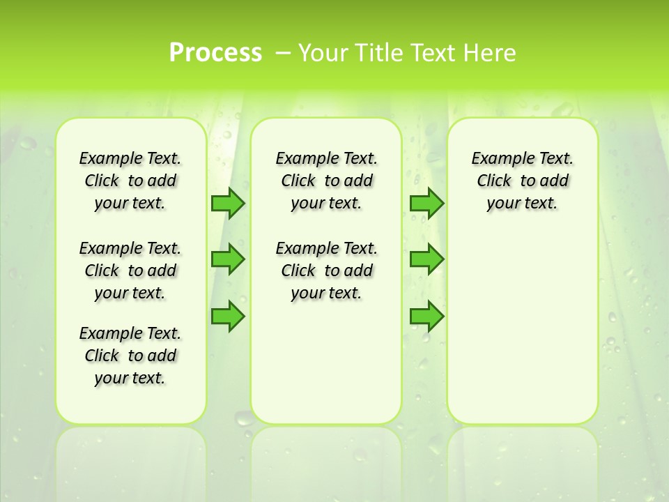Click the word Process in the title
click(215, 53)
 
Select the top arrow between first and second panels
click(228, 203)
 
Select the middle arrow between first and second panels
click(228, 259)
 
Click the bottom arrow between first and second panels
click(228, 317)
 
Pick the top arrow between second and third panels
click(426, 203)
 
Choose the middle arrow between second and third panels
click(426, 259)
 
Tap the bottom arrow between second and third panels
click(426, 317)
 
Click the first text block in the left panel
click(130, 181)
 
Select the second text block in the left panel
click(130, 271)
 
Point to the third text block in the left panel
click(130, 356)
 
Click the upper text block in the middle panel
click(327, 181)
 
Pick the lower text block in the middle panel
click(327, 271)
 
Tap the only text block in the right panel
click(523, 181)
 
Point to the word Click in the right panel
click(494, 181)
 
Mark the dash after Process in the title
click(283, 53)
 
